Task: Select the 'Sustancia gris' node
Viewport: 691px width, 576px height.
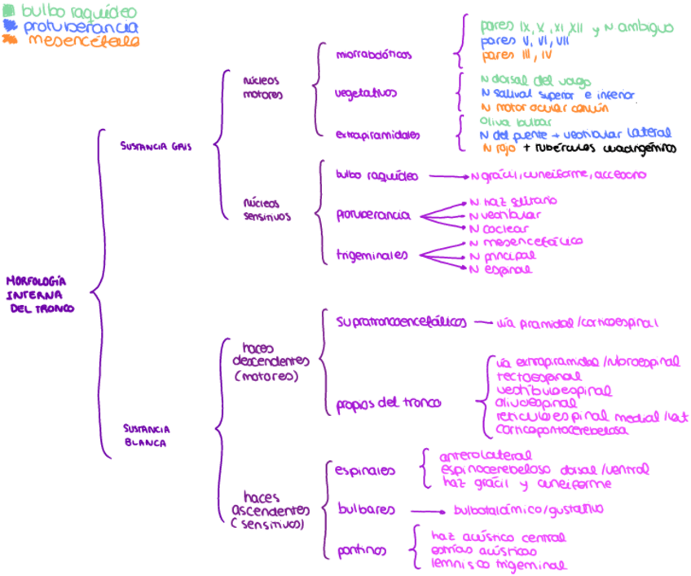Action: pos(156,147)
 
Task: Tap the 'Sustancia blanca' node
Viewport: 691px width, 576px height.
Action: pos(147,435)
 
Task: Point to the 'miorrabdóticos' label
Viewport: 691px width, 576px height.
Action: pos(374,55)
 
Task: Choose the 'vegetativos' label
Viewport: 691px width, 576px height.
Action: pos(366,93)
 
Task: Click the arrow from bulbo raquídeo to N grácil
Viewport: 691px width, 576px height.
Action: pos(448,175)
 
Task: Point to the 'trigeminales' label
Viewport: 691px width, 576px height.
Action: pos(372,255)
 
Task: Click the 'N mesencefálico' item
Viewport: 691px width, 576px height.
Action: pos(526,242)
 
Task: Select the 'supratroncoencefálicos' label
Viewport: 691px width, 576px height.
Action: pos(402,321)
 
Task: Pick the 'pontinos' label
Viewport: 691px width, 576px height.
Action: pos(360,552)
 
